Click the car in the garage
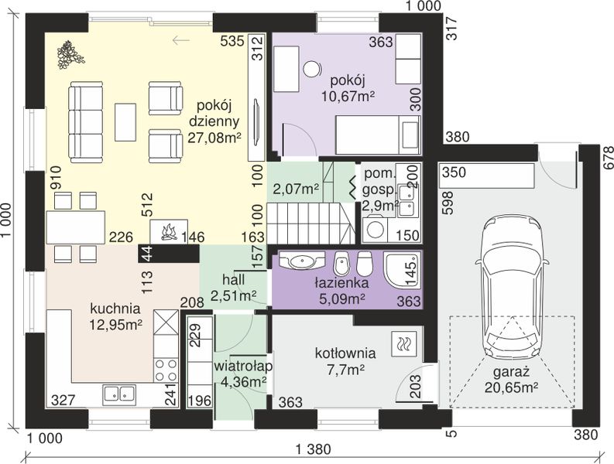(x=511, y=288)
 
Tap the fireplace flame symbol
(x=169, y=231)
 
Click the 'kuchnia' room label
(x=115, y=309)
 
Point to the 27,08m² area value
(x=214, y=138)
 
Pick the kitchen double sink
(x=120, y=394)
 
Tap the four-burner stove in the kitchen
(x=166, y=370)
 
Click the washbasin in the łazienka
(x=301, y=260)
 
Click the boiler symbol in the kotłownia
(x=402, y=344)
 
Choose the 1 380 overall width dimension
(x=313, y=449)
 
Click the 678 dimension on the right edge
(x=608, y=158)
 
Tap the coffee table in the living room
(x=125, y=122)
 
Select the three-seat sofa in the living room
(x=85, y=122)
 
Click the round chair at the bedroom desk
(x=312, y=70)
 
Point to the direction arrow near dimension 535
(x=181, y=39)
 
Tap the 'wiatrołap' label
(x=243, y=367)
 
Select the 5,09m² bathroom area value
(x=343, y=299)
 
